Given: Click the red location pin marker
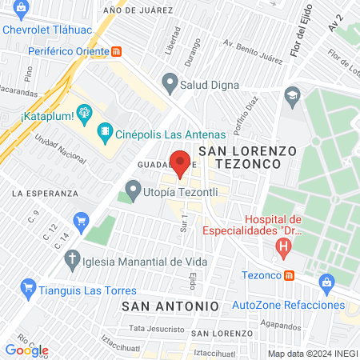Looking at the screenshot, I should point(181,162).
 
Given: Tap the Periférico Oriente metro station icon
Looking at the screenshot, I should point(118,51).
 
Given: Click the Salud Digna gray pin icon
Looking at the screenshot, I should point(169,82).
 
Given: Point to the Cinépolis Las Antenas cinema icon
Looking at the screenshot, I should point(104,132).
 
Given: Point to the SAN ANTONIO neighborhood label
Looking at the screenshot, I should point(170,306).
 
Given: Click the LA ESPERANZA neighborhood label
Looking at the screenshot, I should point(45,193).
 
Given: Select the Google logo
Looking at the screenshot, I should point(26,350).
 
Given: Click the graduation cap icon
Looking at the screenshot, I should point(293,94).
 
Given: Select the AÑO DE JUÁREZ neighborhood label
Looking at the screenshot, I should point(138,10).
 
